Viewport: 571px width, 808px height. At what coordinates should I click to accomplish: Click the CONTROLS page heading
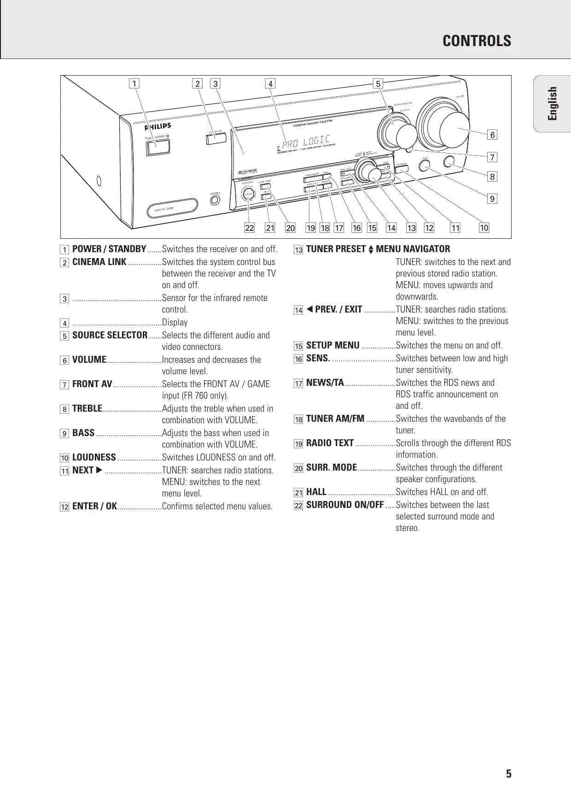tap(477, 41)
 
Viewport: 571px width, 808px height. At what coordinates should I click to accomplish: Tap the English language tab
tap(553, 103)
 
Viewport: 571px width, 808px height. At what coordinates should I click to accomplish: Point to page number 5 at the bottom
tap(509, 774)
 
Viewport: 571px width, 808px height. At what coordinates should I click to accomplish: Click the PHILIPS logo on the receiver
tap(158, 126)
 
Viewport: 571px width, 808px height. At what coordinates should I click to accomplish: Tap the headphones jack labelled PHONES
tap(215, 201)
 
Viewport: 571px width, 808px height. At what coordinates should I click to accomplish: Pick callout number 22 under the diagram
tap(250, 228)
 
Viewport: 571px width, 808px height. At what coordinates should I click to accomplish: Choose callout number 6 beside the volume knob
tap(492, 135)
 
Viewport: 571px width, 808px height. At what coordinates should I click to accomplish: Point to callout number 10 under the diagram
tap(484, 228)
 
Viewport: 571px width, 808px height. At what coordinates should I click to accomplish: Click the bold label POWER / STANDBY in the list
tap(109, 249)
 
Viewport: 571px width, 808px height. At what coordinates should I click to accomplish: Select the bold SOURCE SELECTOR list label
tap(110, 336)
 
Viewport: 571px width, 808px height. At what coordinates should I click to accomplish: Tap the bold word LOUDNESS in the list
tap(94, 458)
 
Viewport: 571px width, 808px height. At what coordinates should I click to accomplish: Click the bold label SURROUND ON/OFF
tap(345, 505)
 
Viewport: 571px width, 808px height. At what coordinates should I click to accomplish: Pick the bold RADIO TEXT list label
tap(330, 443)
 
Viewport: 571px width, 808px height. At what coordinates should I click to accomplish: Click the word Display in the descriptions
tap(175, 323)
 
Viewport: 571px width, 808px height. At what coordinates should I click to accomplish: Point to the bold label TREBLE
tap(87, 409)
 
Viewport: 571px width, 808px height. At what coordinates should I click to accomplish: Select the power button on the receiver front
tap(157, 146)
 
